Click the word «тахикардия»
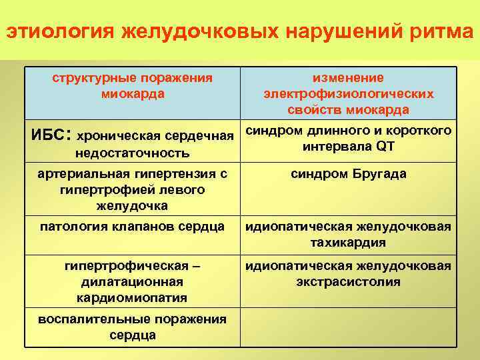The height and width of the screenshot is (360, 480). (x=348, y=242)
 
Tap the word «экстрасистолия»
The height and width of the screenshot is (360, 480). (x=348, y=281)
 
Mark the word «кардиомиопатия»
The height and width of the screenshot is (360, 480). (x=132, y=297)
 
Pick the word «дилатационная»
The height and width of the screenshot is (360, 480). (x=132, y=281)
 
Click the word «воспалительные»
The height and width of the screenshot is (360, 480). (x=86, y=319)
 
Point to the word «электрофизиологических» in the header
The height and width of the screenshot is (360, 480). (x=348, y=94)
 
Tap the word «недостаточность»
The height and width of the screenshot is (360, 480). (x=132, y=153)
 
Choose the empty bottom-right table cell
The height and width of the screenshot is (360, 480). (x=348, y=327)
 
